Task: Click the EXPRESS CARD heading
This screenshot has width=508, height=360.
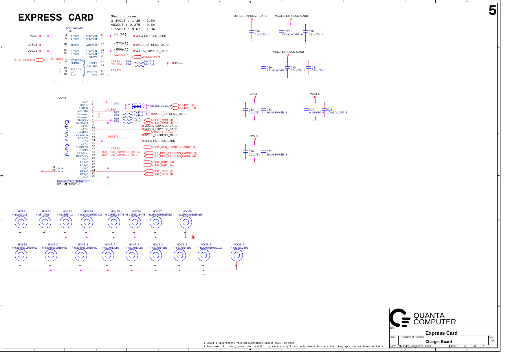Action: pos(56,17)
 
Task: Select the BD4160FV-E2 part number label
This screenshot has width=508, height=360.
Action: pos(74,28)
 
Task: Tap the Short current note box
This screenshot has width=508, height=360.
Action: pos(132,24)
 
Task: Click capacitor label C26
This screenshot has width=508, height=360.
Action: pos(257,31)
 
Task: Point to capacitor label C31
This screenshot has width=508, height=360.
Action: pos(314,68)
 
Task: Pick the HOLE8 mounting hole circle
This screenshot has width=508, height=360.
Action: pos(186,222)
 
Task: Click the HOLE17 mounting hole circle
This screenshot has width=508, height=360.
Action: pos(236,255)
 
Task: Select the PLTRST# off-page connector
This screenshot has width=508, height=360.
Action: pos(40,60)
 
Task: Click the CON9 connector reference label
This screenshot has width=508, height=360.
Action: pos(62,98)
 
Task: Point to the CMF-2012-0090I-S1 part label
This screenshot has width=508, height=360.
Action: pos(160,106)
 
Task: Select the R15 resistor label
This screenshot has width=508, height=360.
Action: pos(128,61)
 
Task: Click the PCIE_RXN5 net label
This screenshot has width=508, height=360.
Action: pos(161,162)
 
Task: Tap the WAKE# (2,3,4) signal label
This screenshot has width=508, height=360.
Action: pos(163,132)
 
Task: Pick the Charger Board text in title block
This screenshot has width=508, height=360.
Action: pos(438,341)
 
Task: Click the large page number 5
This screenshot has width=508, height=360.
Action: pos(492,11)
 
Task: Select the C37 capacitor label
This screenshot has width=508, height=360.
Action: pos(269,151)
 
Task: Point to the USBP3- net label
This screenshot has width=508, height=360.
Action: pos(185,105)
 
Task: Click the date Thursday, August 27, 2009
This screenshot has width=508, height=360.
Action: pos(415,346)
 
